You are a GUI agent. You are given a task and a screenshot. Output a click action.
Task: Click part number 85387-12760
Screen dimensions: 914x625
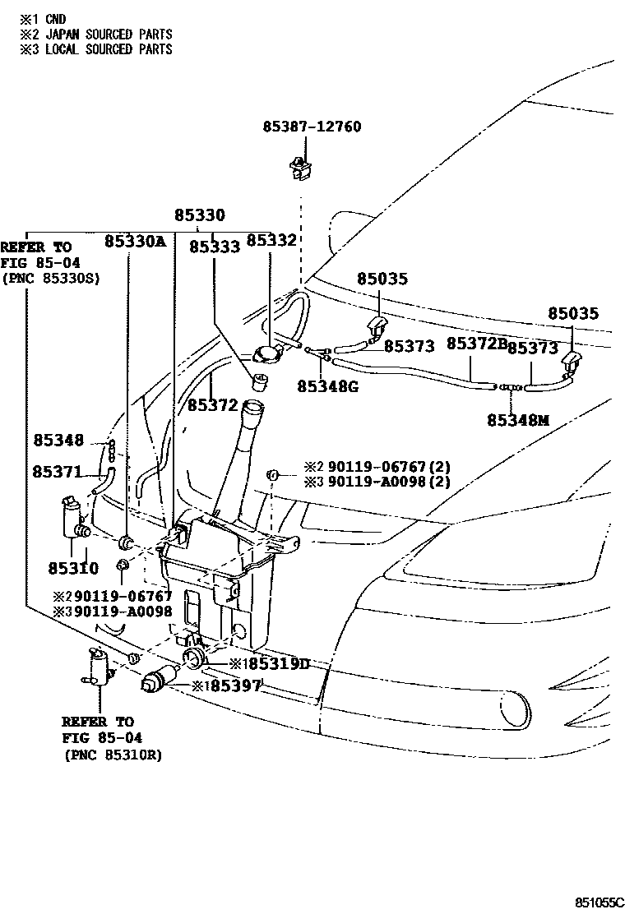(312, 127)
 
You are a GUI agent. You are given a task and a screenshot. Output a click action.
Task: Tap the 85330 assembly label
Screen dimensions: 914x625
(199, 215)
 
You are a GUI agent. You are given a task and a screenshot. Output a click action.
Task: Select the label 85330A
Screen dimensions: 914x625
(135, 242)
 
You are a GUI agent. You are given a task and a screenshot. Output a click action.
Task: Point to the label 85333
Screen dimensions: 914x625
(215, 246)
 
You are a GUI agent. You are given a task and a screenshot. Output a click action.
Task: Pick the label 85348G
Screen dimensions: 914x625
(327, 385)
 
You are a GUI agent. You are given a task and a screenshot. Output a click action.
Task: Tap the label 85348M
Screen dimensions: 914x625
(516, 420)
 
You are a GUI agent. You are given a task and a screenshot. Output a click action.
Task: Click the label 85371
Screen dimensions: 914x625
(58, 472)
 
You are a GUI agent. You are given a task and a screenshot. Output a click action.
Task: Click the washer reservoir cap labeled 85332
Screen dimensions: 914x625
(267, 354)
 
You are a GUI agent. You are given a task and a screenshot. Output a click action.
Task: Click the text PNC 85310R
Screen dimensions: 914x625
(112, 755)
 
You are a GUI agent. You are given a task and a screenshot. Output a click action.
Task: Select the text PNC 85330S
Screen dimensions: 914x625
(50, 278)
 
